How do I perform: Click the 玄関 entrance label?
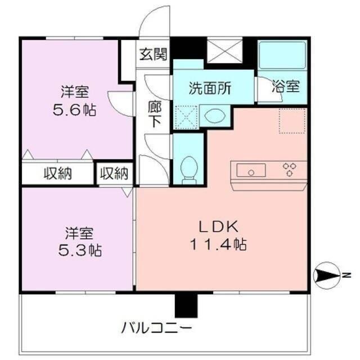click(x=152, y=55)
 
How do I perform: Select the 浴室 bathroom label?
click(x=286, y=87)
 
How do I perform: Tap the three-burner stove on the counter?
click(x=291, y=169)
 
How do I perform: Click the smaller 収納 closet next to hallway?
click(x=114, y=173)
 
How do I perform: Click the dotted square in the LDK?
click(x=292, y=121)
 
